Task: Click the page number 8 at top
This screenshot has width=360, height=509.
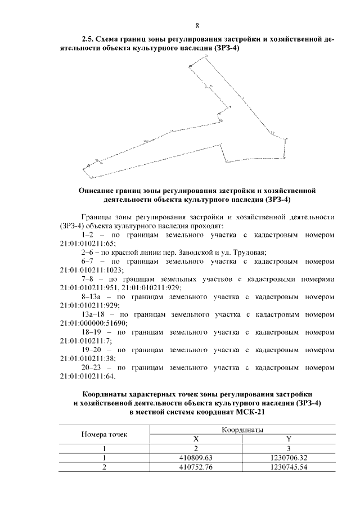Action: [197, 25]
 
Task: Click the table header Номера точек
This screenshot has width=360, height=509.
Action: [104, 434]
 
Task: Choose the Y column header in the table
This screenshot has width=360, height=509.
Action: [289, 439]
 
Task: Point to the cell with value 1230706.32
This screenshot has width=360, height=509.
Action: [289, 458]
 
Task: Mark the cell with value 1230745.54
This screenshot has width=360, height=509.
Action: [289, 467]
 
